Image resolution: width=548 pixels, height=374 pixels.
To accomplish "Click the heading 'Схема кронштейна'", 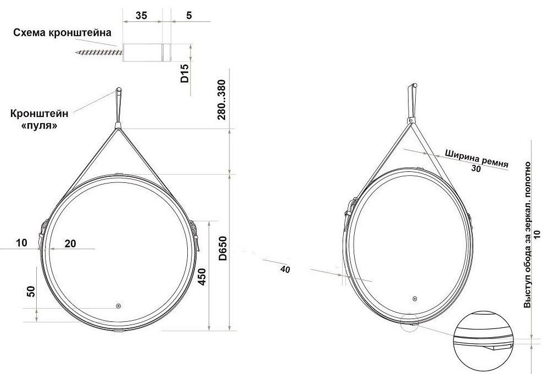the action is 62,33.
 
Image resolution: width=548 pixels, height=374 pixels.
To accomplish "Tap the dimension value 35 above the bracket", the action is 141,16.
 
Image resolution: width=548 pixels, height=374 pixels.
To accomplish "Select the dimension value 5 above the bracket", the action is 189,16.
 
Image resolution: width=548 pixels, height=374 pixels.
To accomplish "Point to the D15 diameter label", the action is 184,73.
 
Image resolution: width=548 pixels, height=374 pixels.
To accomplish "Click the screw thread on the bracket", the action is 99,53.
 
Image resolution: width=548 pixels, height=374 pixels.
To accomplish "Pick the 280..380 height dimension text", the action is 222,100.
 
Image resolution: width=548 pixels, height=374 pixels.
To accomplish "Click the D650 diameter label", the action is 222,249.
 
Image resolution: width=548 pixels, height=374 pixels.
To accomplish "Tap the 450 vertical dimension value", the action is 202,277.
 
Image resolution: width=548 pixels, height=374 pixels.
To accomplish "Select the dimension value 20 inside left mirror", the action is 70,244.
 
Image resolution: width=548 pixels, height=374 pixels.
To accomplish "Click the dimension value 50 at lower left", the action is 31,291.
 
